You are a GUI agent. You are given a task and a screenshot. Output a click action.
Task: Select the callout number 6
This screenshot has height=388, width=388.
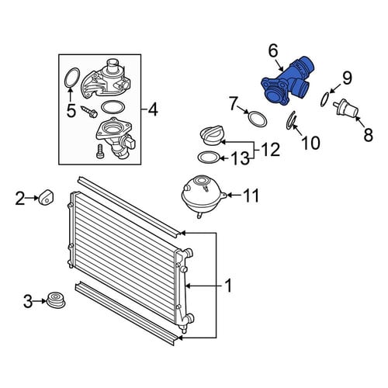[x=273, y=51]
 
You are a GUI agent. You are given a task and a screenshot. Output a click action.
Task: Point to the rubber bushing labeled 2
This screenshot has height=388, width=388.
[x=46, y=197]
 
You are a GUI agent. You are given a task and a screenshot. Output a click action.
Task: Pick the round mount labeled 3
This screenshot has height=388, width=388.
[x=56, y=301]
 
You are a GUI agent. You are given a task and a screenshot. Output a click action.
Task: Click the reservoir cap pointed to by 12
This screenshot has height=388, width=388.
[x=212, y=135]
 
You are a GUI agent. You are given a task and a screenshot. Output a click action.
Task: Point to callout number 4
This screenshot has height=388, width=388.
[x=152, y=109]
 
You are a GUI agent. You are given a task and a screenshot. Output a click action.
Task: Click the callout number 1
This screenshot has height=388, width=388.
[x=228, y=286]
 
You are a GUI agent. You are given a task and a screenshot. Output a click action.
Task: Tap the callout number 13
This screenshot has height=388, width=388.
[x=240, y=158]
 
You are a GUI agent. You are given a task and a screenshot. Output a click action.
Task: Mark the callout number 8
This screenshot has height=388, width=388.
[x=369, y=134]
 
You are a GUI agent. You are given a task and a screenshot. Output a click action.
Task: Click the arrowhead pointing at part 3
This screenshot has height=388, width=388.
[x=45, y=301]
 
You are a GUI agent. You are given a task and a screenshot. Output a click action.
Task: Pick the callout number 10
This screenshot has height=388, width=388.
[x=311, y=143]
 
